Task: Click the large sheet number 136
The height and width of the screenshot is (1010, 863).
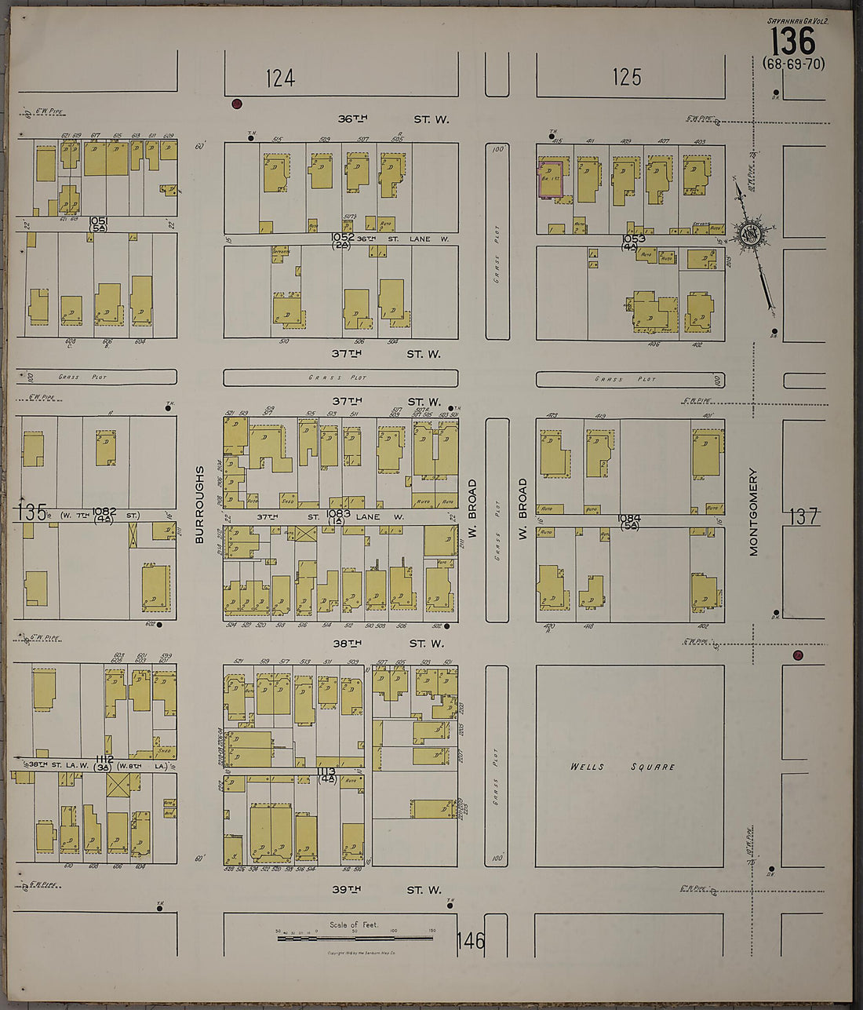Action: pyautogui.click(x=794, y=40)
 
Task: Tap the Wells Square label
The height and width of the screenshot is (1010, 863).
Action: pyautogui.click(x=623, y=767)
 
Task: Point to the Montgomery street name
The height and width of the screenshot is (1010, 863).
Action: pyautogui.click(x=753, y=512)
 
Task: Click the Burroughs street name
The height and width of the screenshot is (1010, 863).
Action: pyautogui.click(x=199, y=505)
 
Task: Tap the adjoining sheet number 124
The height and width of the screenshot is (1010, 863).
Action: pyautogui.click(x=279, y=78)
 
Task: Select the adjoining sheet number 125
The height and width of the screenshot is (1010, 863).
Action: pyautogui.click(x=627, y=77)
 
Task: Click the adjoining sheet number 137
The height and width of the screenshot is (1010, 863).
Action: pyautogui.click(x=804, y=516)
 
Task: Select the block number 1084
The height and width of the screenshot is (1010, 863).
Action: pyautogui.click(x=629, y=518)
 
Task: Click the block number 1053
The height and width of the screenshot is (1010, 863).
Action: pyautogui.click(x=633, y=239)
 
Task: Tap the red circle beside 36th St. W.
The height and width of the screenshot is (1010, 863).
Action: pyautogui.click(x=237, y=104)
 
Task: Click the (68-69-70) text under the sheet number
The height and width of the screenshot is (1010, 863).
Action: pyautogui.click(x=794, y=64)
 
